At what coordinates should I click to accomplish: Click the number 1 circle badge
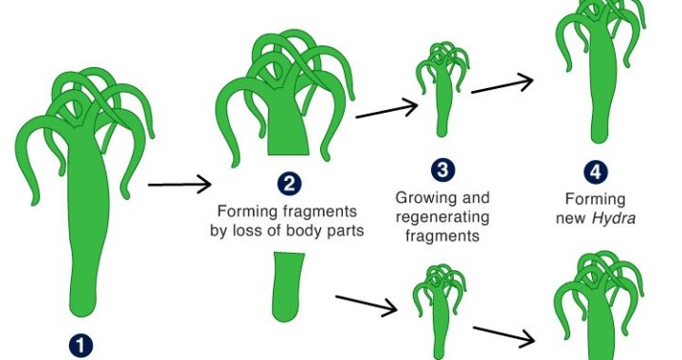click(x=81, y=346)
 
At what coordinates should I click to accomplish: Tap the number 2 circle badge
click(x=289, y=184)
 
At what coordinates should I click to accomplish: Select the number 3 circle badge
click(x=442, y=170)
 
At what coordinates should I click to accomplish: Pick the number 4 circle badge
click(x=596, y=171)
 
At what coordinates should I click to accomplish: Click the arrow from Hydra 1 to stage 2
click(x=180, y=185)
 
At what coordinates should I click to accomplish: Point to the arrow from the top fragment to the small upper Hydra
click(x=386, y=109)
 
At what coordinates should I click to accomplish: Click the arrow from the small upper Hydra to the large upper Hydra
click(x=502, y=83)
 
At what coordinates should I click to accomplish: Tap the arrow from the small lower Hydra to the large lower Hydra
click(x=504, y=335)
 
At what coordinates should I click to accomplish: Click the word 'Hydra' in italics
click(x=614, y=217)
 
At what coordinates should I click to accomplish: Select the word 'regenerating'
click(x=442, y=217)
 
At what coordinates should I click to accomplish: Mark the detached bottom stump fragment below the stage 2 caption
click(x=288, y=287)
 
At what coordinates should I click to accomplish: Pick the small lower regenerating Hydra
click(x=440, y=312)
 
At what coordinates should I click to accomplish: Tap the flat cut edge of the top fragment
click(x=288, y=153)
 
